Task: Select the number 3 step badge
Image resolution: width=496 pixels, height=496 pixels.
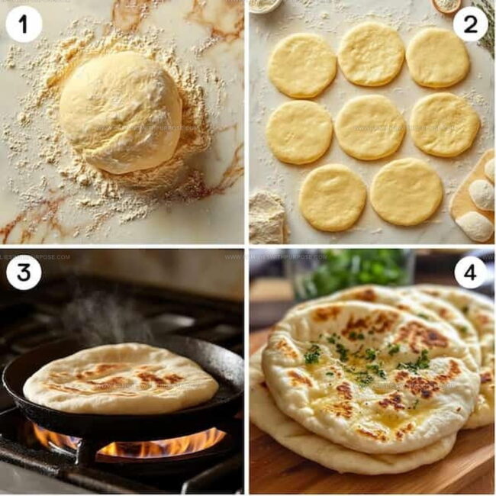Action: click(x=24, y=272)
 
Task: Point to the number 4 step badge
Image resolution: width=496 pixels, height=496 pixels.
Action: click(x=470, y=272)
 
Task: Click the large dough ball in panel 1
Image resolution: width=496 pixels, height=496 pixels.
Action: click(x=121, y=111)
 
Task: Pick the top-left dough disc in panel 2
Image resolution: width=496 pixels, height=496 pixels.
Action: click(x=301, y=65)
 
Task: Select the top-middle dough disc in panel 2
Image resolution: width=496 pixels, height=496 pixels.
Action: click(x=370, y=54)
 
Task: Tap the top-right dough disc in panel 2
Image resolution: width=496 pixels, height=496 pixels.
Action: click(x=437, y=57)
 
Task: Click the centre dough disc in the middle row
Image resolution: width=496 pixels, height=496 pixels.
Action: click(x=369, y=127)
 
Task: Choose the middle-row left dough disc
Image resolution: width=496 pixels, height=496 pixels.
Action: click(x=299, y=132)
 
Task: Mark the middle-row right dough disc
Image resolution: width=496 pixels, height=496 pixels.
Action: click(x=444, y=124)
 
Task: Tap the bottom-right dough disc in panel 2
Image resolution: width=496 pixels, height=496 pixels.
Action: click(x=405, y=192)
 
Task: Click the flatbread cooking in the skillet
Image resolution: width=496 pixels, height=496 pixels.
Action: click(x=120, y=378)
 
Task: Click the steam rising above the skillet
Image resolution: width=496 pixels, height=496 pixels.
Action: click(x=99, y=313)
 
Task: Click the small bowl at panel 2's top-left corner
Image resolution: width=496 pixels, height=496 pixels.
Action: click(x=266, y=5)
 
